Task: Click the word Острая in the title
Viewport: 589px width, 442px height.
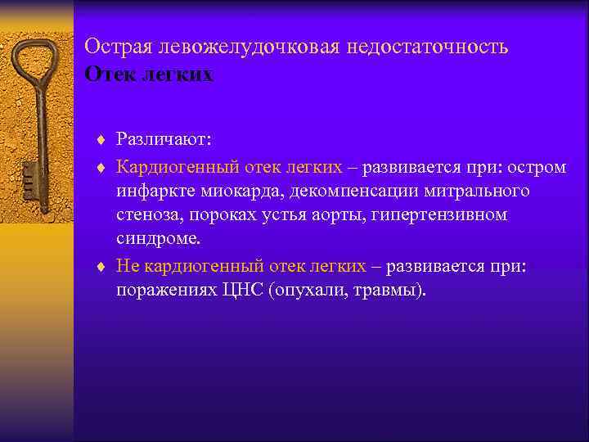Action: point(112,47)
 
